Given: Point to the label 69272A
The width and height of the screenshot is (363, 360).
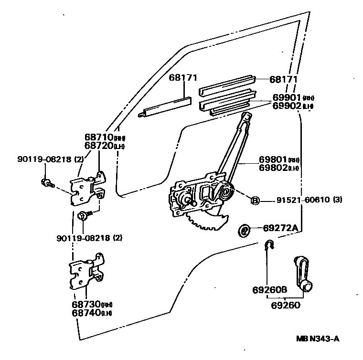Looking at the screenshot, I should coord(280,229).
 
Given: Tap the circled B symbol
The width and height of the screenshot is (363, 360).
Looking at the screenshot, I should coord(255,200).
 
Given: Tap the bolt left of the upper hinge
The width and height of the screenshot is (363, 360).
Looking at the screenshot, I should coord(46,182).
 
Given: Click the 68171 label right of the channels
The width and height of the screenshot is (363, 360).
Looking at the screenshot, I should coord(283,80).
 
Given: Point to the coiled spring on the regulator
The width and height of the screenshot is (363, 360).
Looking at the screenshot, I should coord(224,193).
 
